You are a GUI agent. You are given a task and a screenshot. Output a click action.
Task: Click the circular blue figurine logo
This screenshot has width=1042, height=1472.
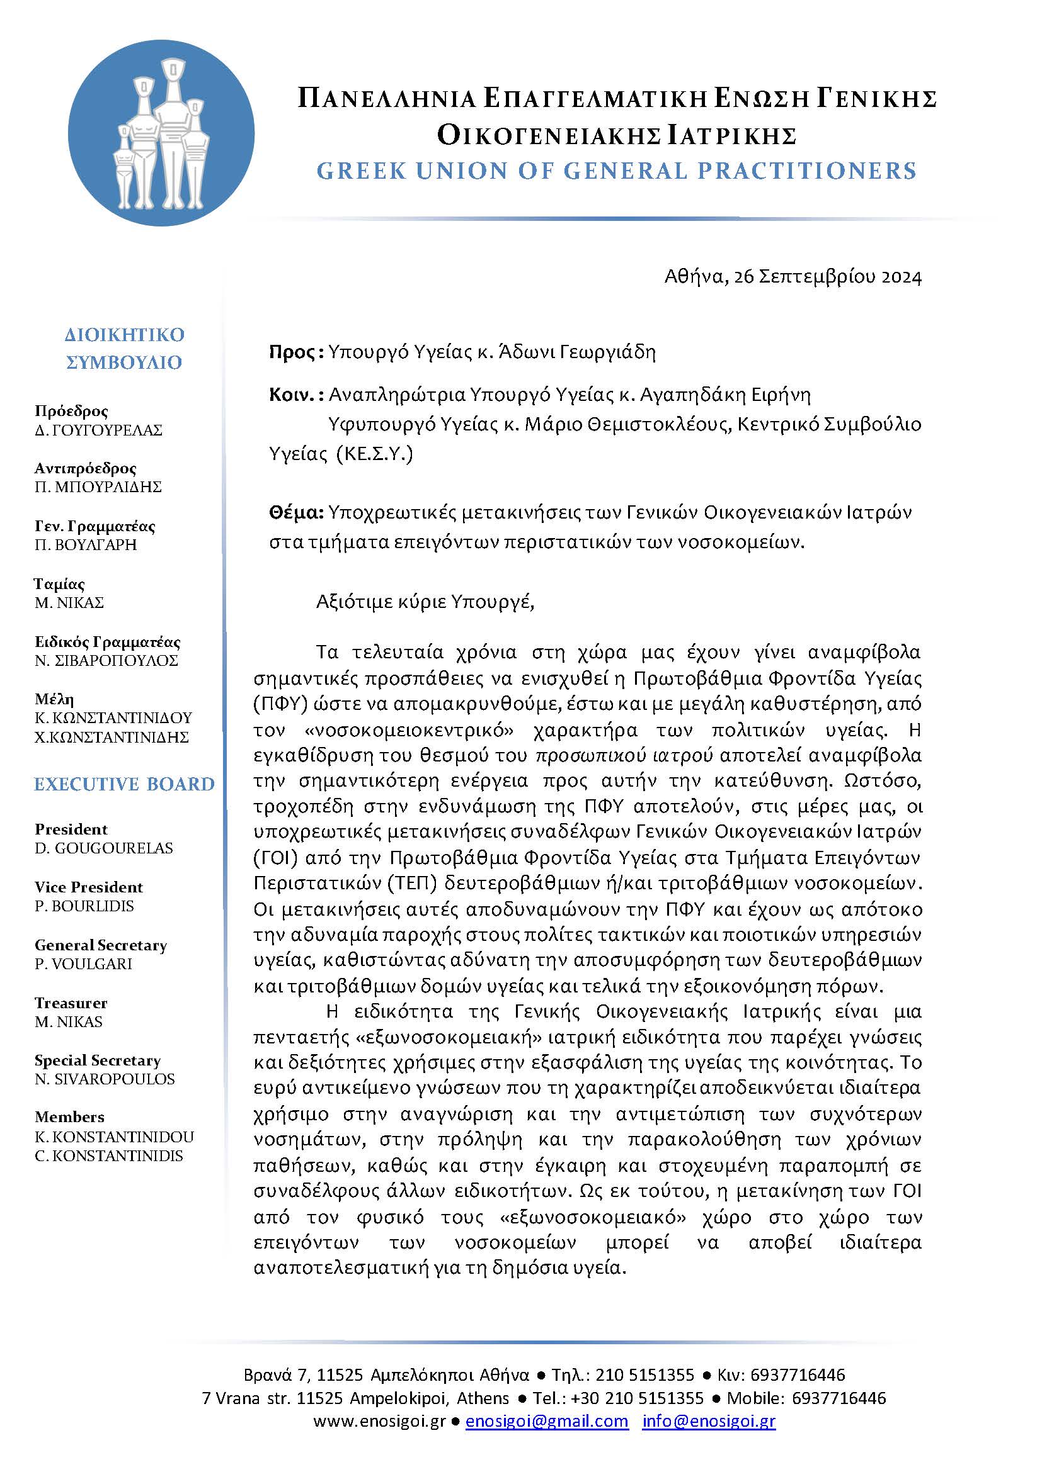(161, 133)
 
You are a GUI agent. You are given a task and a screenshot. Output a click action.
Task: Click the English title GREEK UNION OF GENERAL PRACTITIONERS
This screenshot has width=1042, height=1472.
(617, 171)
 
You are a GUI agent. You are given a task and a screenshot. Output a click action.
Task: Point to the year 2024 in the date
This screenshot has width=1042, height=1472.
(901, 277)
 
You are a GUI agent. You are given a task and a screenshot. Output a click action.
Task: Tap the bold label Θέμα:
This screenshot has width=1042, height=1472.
(296, 513)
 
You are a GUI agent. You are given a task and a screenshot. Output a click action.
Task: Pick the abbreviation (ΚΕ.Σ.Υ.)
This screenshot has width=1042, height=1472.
(375, 454)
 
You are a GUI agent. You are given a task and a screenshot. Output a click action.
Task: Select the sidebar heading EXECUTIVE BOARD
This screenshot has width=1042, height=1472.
(124, 784)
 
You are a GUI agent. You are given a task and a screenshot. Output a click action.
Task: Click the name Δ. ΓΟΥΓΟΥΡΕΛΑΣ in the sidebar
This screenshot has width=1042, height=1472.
(99, 430)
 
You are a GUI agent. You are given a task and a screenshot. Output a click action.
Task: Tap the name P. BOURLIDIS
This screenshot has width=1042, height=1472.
(84, 906)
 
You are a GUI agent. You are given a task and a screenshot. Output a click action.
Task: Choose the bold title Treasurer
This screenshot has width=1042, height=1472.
(71, 1003)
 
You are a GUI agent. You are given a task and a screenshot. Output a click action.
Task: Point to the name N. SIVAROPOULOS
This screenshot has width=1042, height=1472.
(105, 1079)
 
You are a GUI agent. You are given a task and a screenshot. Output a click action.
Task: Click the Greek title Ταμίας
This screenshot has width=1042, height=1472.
(59, 584)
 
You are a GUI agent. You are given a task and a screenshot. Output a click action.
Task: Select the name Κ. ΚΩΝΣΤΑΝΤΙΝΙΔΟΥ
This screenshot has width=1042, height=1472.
(113, 717)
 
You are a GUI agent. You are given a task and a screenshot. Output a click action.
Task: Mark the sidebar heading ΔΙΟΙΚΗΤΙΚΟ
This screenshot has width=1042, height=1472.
(125, 335)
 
